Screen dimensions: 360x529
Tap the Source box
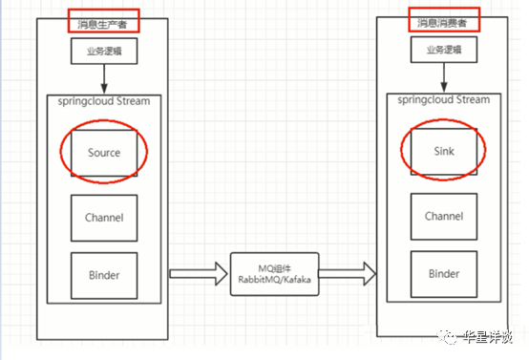click(103, 152)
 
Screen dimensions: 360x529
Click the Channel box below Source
click(103, 217)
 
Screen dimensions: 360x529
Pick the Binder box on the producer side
click(103, 274)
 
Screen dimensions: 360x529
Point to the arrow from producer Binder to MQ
click(198, 274)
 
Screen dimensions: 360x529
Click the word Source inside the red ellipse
click(103, 152)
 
